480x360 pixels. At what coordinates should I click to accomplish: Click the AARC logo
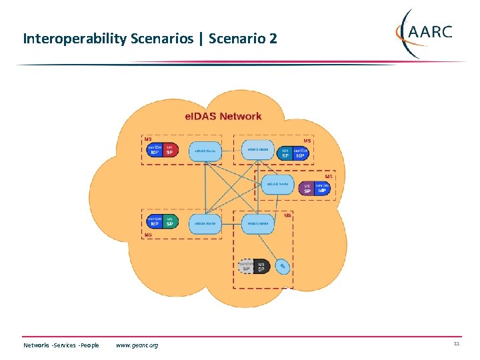[424, 33]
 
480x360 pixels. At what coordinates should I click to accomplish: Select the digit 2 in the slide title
[273, 39]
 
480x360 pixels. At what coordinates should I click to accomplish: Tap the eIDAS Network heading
[223, 116]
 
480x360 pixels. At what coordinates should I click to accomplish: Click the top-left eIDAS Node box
[205, 151]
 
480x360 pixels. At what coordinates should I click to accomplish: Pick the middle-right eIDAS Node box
[277, 184]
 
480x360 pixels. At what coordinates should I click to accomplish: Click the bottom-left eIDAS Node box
[205, 222]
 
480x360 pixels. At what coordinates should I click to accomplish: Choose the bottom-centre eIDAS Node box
[257, 222]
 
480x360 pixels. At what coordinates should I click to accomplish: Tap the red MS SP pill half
[169, 150]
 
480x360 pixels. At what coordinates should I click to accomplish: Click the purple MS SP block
[307, 189]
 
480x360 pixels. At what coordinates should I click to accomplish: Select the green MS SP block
[169, 221]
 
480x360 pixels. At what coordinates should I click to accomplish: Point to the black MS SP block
[261, 267]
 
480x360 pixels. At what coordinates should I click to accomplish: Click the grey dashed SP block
[246, 267]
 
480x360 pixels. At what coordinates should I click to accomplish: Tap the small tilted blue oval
[281, 267]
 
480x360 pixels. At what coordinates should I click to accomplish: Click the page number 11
[457, 344]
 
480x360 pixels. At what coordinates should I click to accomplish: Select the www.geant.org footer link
[137, 345]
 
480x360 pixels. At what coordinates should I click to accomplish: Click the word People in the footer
[89, 345]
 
